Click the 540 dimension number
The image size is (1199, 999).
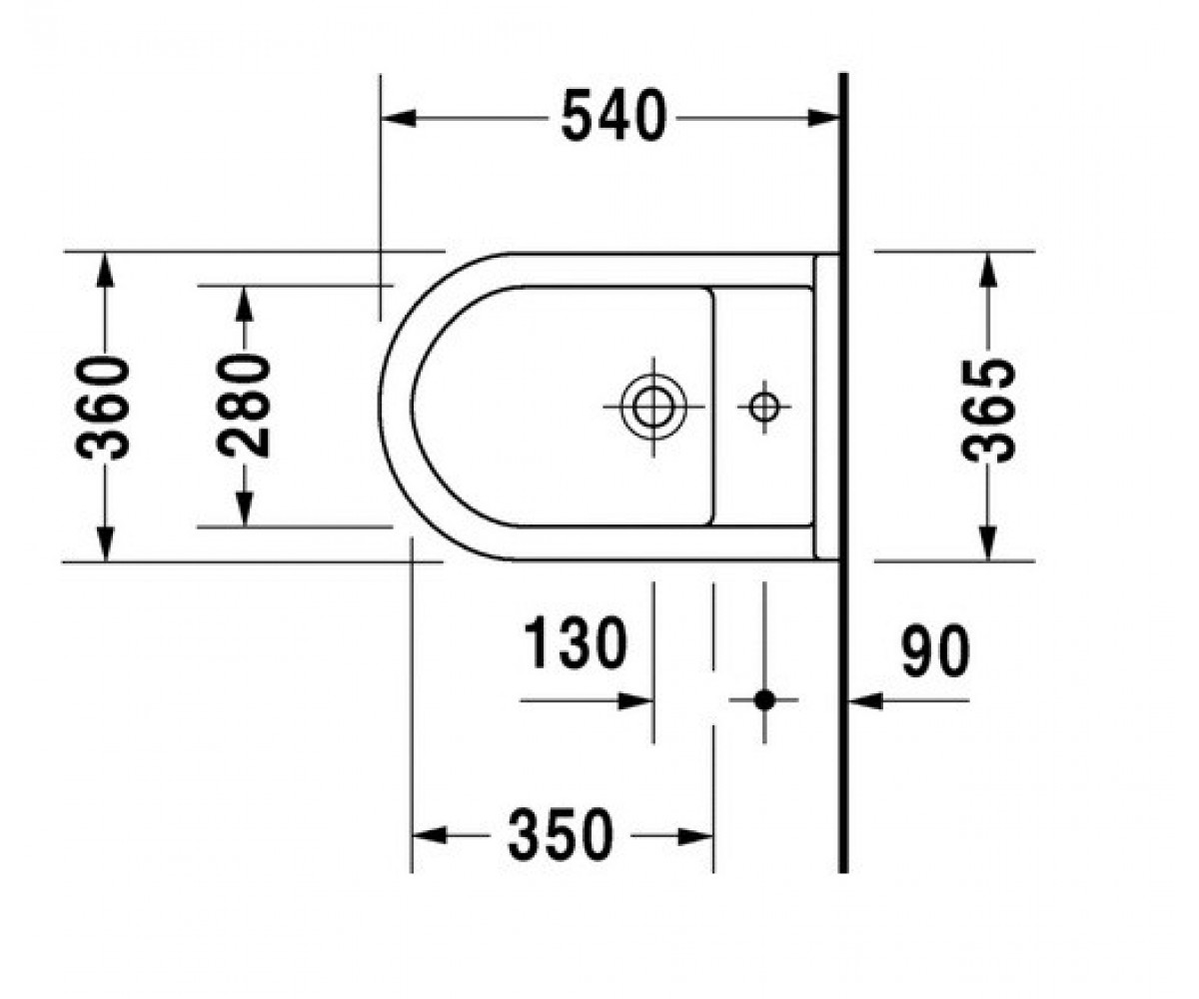pos(613,116)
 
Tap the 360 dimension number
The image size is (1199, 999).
pos(103,409)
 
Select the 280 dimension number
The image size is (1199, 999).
pos(243,406)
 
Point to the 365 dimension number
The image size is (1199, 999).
pos(988,411)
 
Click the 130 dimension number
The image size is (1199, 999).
pos(576,642)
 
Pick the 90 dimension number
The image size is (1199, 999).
pos(935,651)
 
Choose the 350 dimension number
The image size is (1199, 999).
pos(561,835)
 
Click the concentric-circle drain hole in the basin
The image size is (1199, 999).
pos(653,407)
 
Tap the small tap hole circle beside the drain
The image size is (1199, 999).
pos(763,407)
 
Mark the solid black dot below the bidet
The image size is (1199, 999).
pos(764,700)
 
